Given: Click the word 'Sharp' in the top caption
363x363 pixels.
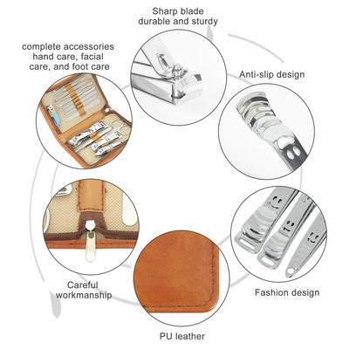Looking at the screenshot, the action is (164, 12).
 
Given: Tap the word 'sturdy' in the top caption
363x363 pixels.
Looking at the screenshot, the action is (204, 22).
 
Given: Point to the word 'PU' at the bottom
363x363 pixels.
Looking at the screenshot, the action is (166, 337).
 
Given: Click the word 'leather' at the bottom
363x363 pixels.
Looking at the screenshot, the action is (190, 337).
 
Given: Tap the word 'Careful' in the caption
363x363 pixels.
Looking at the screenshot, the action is (83, 285).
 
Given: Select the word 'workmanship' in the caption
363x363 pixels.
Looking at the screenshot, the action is (84, 295).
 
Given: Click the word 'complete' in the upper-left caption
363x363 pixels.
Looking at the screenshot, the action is (41, 47).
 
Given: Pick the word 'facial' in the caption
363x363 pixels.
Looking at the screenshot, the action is (92, 57).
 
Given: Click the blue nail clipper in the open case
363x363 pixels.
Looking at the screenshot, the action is (54, 115).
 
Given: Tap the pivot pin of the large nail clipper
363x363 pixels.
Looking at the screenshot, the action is (176, 72).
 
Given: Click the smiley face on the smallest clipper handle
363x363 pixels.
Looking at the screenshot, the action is (312, 237).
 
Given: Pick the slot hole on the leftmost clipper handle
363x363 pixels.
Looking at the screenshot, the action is (246, 245).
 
